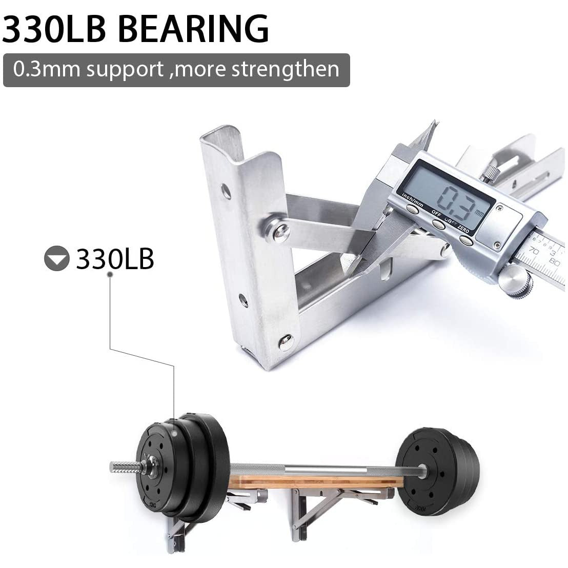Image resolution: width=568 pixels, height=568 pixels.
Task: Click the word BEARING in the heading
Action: click(193, 29)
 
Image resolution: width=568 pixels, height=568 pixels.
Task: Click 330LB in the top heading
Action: click(54, 29)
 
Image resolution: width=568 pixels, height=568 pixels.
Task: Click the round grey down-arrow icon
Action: click(56, 258)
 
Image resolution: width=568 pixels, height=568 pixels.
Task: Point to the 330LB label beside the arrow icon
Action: click(115, 258)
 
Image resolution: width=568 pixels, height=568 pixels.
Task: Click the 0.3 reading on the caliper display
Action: click(458, 205)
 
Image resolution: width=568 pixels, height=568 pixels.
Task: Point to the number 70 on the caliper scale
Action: click(534, 251)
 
